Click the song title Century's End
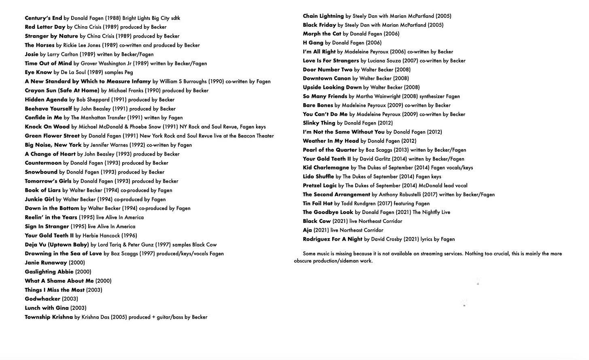(43, 18)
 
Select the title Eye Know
(38, 72)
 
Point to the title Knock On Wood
(47, 127)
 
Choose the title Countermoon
(43, 163)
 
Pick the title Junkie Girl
(39, 199)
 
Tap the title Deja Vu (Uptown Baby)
(57, 245)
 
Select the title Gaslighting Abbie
(49, 272)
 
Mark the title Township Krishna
(49, 317)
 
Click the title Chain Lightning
(323, 16)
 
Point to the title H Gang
(313, 43)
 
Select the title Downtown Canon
(326, 78)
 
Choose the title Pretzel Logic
(320, 186)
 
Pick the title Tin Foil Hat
(318, 203)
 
